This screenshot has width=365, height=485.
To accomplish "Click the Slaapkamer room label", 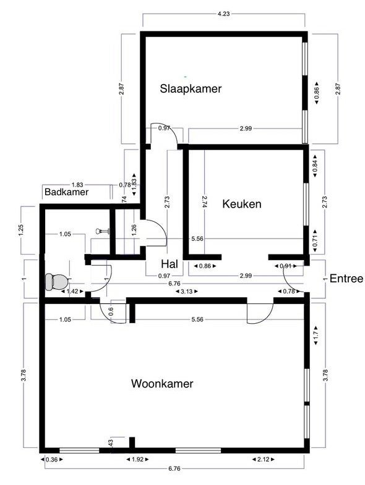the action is pos(191,89).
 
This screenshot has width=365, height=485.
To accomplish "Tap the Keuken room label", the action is pos(242,204).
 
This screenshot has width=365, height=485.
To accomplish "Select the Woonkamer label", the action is pos(162,384).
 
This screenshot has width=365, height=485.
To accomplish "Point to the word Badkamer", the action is pos(67,192).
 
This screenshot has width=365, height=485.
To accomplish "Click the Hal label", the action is pos(170,264).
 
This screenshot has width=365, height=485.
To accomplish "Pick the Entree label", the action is pos(346,279).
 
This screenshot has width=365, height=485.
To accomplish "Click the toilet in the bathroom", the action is pos(57,282).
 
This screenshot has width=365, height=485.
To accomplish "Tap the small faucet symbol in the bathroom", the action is pos(103,230).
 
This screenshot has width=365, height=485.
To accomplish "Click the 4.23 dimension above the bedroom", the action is pos(223,14).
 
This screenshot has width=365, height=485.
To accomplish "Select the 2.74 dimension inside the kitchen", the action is pos(204,201).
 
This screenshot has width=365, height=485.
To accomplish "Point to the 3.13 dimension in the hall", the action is pos(187,292).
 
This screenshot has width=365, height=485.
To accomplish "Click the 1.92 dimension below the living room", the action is pos(137,459).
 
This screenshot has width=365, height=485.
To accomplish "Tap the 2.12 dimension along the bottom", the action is pos(263,459).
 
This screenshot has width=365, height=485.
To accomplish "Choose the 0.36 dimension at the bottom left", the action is pos(52,459).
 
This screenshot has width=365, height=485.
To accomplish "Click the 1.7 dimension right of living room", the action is pos(316,336).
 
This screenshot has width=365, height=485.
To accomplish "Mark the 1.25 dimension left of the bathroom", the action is pos(21,230).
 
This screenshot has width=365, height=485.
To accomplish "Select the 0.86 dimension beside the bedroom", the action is pos(316,93).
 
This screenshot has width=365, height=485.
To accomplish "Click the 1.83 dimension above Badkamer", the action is pos(77,185).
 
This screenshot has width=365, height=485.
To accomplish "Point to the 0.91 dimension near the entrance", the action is pos(286,266).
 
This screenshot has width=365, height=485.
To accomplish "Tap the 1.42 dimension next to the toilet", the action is pos(72,292).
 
